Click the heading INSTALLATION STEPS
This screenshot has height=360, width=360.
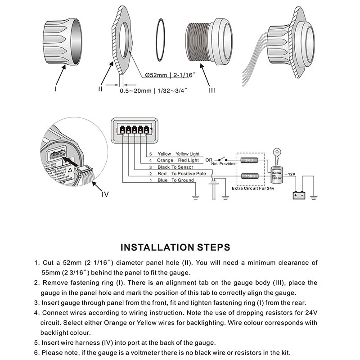pos(175,247)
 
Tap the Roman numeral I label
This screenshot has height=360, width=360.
pos(55,89)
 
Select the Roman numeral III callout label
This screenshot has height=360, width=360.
pos(211,90)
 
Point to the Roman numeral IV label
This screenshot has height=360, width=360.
pos(105,195)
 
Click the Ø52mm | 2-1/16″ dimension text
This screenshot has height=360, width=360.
pos(166,75)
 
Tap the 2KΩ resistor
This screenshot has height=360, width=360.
pos(248,160)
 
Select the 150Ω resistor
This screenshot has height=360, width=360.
pos(248,176)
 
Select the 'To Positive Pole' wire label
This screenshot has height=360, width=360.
pos(188,174)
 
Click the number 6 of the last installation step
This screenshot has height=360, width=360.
pos(36,352)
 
